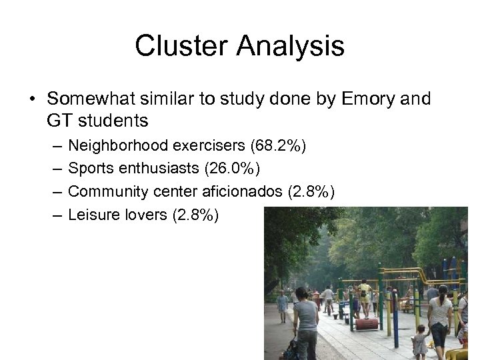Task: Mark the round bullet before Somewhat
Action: [x=32, y=100]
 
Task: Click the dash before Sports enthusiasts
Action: [x=54, y=169]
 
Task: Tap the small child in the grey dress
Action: [x=419, y=341]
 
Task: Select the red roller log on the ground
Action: [x=367, y=324]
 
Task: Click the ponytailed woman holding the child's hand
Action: [x=440, y=317]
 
